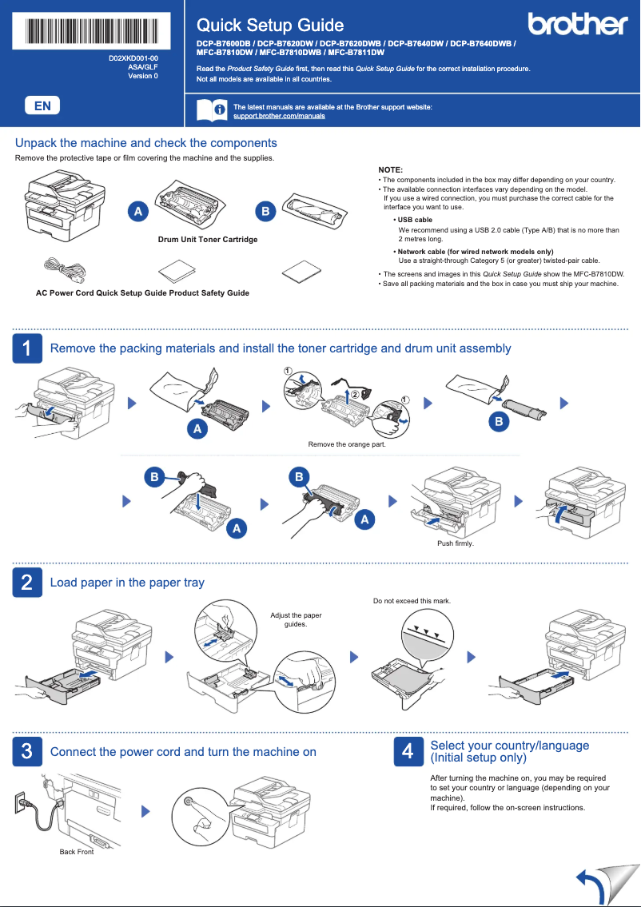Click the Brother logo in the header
[x=577, y=25]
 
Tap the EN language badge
[x=42, y=105]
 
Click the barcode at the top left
[x=92, y=31]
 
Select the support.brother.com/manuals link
[x=279, y=116]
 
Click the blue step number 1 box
[x=26, y=348]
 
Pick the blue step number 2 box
[x=26, y=583]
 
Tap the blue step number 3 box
[x=26, y=751]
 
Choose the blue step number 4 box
[x=408, y=751]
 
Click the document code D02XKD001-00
[x=133, y=59]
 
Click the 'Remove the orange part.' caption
[x=347, y=444]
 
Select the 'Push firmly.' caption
[x=456, y=543]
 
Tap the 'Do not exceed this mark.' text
[x=412, y=600]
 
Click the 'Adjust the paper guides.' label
[x=296, y=619]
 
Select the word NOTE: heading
[x=390, y=170]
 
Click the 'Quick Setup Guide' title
[x=270, y=26]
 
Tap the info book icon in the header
[x=211, y=110]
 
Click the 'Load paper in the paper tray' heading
[x=127, y=583]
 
